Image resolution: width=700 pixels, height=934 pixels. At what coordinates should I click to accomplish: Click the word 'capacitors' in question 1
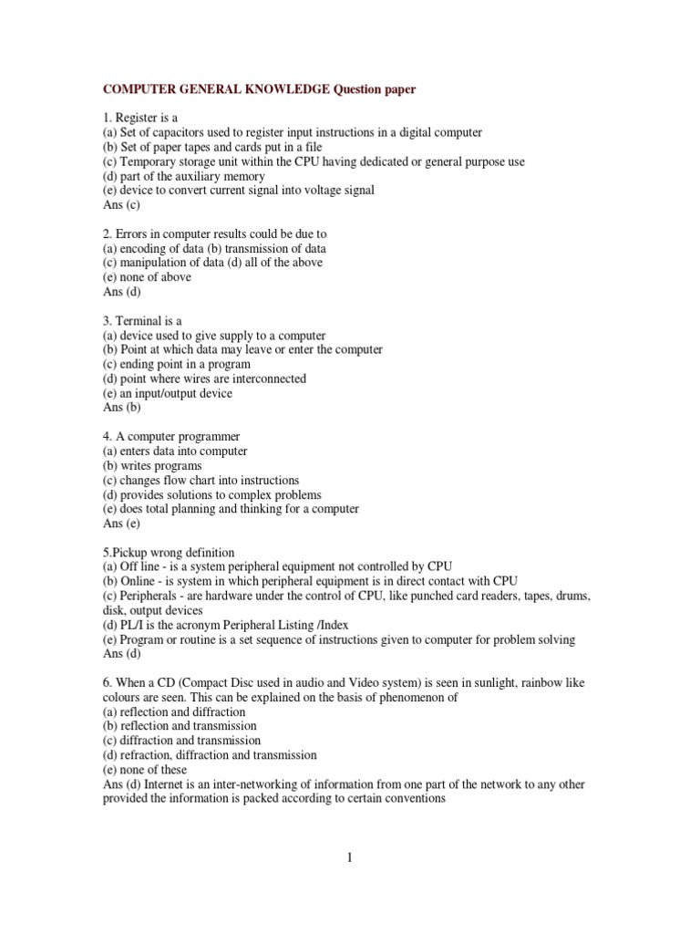coord(170,132)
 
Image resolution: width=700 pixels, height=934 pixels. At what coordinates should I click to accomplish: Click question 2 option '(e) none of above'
coord(148,277)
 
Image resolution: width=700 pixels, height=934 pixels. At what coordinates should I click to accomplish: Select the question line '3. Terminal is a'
coord(143,321)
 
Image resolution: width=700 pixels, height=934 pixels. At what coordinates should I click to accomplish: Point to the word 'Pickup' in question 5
coord(133,553)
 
